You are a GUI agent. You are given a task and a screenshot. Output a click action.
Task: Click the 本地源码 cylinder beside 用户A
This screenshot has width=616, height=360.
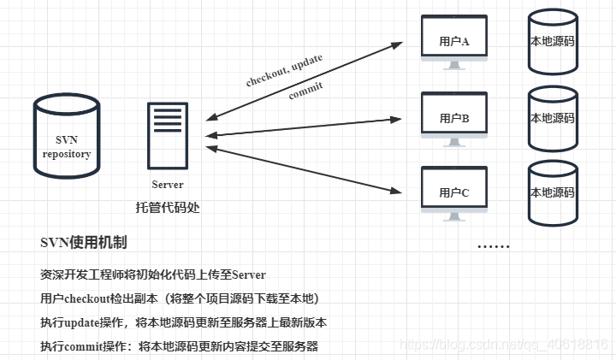553,40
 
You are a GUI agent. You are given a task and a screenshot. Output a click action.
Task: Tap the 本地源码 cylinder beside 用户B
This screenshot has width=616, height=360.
553,117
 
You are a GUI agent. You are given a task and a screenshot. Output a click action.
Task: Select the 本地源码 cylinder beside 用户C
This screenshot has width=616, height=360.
553,192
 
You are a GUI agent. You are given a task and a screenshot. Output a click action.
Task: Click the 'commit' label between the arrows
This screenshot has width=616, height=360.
305,90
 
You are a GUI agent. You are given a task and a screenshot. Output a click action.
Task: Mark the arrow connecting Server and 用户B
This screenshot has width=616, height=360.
304,126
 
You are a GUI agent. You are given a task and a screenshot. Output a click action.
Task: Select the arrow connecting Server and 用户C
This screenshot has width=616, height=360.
304,167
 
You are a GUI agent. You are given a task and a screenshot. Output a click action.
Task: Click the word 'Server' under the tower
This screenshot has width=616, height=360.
168,185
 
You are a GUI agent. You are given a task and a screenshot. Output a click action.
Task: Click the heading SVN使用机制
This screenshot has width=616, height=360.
84,243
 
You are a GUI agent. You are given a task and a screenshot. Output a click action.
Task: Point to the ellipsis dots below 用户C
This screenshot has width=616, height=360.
493,246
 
